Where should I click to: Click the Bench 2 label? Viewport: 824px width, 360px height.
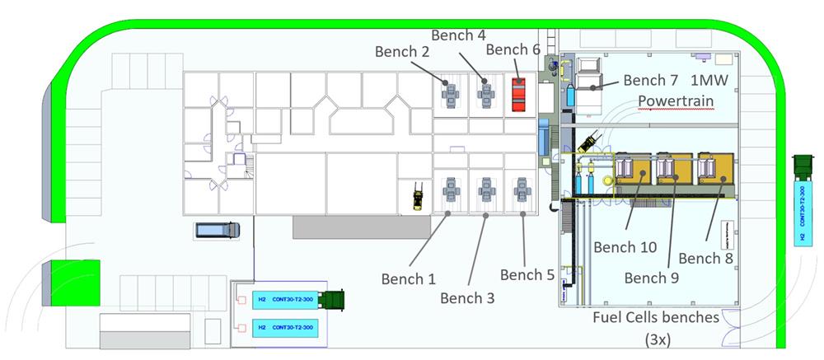click(x=402, y=51)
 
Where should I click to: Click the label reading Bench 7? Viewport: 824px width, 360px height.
click(x=650, y=80)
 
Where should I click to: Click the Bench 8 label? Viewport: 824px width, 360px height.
click(x=706, y=258)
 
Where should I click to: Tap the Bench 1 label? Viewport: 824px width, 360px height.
click(x=408, y=278)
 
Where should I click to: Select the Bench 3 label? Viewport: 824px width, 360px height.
click(x=467, y=297)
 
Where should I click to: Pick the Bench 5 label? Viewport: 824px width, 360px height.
click(x=527, y=274)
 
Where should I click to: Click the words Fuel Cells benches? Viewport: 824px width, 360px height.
click(x=657, y=317)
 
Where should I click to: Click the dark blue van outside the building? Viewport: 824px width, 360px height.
click(x=217, y=230)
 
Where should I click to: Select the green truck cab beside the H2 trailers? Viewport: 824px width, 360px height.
click(x=331, y=301)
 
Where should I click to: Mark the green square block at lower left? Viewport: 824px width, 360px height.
click(x=75, y=282)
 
